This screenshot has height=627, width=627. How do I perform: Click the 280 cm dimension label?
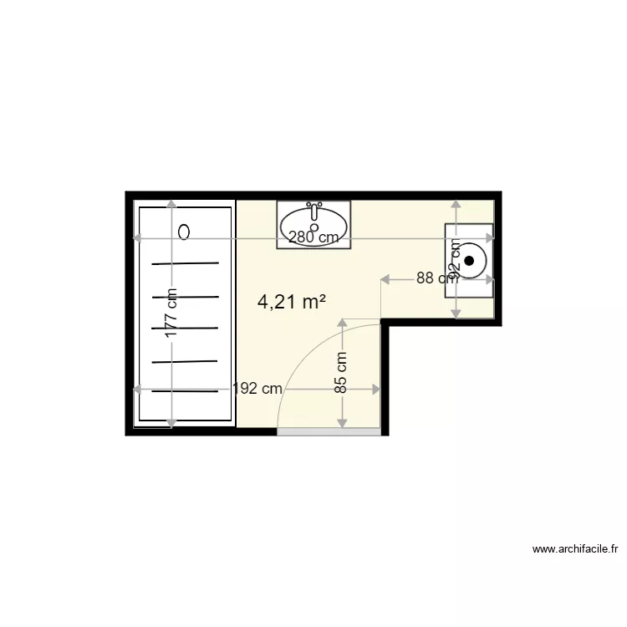313,237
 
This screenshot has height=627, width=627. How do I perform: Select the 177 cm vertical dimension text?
171,313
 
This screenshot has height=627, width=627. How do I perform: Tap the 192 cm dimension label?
257,389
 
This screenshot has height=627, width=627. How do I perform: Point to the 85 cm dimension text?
342,373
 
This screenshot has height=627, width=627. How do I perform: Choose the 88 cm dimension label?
436,278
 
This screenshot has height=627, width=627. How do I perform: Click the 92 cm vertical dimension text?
456,258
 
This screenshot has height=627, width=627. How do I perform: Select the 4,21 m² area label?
292,303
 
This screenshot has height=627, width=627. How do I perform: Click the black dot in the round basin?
469,261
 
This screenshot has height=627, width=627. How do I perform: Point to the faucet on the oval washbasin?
314,205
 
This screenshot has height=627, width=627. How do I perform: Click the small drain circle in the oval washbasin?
314,227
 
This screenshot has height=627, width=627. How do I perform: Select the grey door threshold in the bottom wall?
331,432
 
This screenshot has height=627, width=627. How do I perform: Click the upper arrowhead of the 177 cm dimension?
171,205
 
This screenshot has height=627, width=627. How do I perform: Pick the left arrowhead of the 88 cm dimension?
385,278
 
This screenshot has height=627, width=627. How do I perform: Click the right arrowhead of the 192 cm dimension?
377,389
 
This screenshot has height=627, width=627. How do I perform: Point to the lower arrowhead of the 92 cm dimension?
456,313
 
